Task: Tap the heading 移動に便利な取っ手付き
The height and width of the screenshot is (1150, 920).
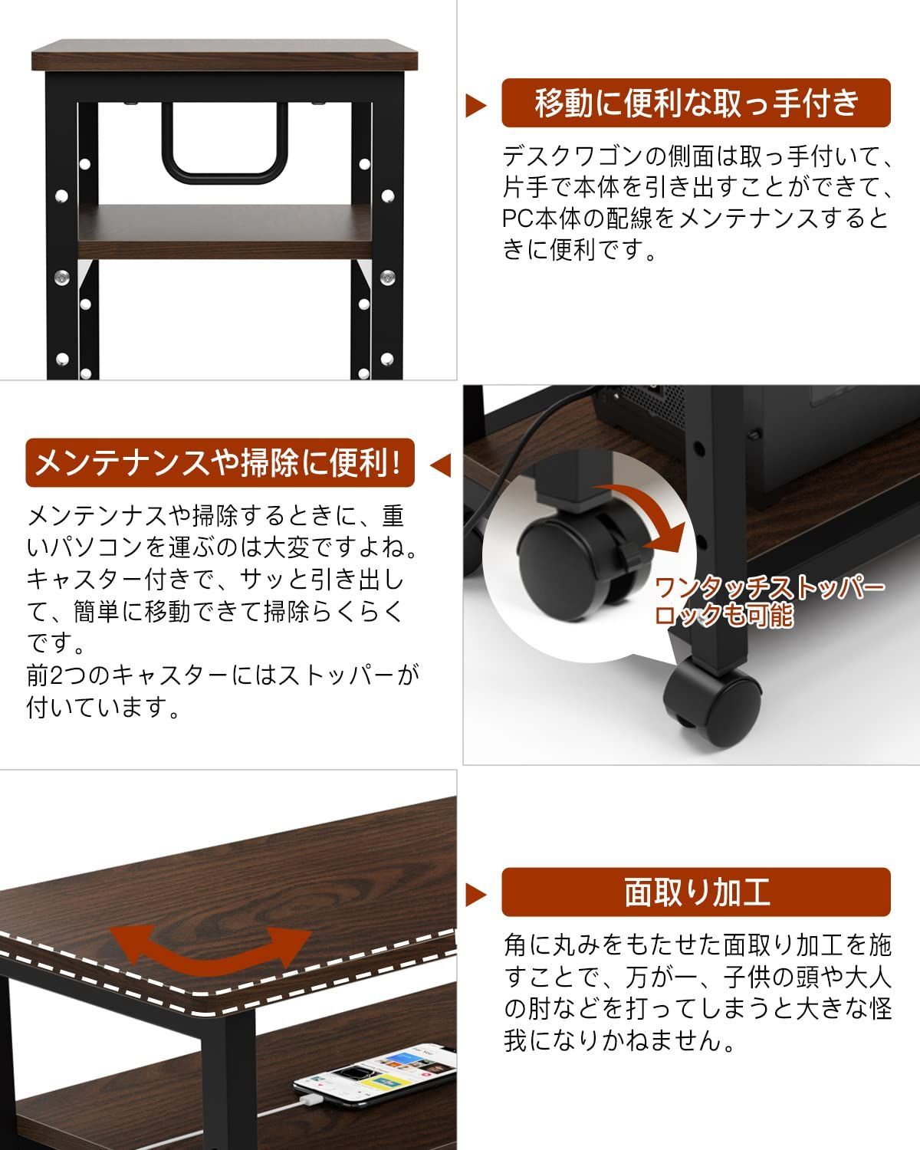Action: [x=695, y=103]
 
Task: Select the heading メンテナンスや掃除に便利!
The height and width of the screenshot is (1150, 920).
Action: [x=219, y=463]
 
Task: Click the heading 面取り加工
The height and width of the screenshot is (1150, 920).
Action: [x=695, y=892]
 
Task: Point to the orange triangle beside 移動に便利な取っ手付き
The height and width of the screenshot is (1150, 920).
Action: [x=476, y=105]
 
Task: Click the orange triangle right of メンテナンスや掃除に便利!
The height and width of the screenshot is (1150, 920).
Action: [x=441, y=465]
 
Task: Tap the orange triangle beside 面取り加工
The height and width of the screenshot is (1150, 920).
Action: [x=476, y=894]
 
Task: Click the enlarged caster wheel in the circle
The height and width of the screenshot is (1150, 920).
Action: [x=563, y=563]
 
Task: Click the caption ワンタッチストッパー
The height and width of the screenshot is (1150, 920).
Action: [x=769, y=588]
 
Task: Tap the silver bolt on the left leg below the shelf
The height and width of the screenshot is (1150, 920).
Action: [x=62, y=276]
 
